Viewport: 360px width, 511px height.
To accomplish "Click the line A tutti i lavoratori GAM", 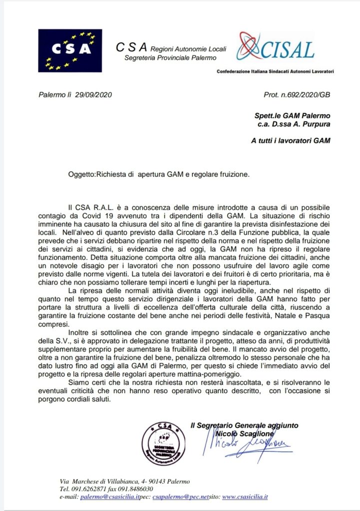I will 291,141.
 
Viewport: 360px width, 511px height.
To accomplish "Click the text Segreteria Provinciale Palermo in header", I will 170,58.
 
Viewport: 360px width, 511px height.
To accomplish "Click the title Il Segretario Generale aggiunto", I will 244,425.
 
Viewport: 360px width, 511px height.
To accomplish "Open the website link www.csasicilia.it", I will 245,497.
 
